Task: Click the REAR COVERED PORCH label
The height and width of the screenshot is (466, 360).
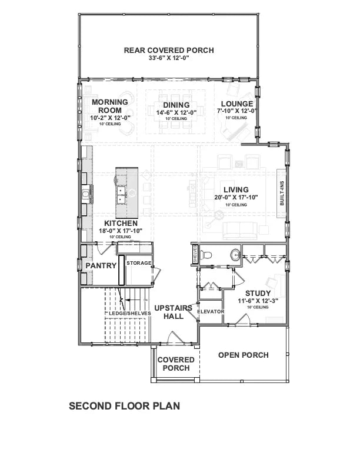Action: click(x=168, y=50)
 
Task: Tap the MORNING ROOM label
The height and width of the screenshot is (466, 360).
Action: click(x=110, y=106)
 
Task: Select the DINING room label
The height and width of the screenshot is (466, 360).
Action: click(x=172, y=105)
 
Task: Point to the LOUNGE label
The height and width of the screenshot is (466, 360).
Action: click(x=237, y=104)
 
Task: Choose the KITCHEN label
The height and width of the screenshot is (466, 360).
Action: click(x=121, y=224)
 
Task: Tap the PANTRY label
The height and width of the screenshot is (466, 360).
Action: click(x=101, y=266)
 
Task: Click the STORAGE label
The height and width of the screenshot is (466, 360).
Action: click(x=139, y=263)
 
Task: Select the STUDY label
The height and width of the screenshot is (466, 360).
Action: click(x=258, y=293)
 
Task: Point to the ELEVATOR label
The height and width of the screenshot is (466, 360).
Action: click(x=211, y=311)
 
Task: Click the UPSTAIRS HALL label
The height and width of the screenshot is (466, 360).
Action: click(x=173, y=312)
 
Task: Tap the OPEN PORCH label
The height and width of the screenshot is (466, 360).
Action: click(x=243, y=355)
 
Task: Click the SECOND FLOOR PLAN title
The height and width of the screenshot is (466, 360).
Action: click(x=124, y=405)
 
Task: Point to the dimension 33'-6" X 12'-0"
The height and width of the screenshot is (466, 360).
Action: click(x=168, y=59)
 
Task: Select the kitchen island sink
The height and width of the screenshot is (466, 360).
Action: click(x=122, y=195)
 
